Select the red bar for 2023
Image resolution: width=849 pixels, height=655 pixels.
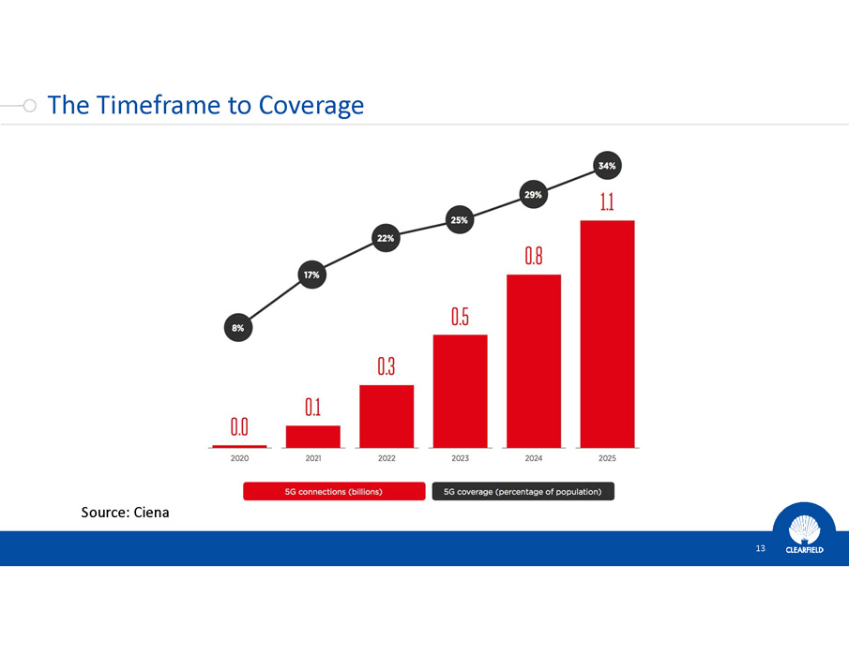click(x=460, y=390)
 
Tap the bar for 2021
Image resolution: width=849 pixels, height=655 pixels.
click(x=313, y=436)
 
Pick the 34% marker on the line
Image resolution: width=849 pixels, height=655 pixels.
click(x=607, y=166)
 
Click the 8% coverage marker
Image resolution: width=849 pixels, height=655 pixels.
click(x=238, y=328)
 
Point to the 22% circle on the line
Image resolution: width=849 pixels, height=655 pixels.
click(x=386, y=238)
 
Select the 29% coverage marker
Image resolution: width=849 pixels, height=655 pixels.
click(x=533, y=194)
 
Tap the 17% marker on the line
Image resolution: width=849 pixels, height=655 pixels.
click(x=311, y=275)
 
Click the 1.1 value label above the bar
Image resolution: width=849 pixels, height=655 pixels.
click(x=607, y=202)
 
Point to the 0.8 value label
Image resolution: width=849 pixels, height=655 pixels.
click(x=533, y=257)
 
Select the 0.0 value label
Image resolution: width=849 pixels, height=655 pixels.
click(x=239, y=428)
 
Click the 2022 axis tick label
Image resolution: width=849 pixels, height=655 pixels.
click(x=386, y=458)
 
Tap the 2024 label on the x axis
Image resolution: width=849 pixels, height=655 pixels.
click(x=533, y=458)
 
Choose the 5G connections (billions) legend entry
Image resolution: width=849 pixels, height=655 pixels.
click(x=335, y=491)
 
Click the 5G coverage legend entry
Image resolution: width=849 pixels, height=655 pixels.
click(x=523, y=491)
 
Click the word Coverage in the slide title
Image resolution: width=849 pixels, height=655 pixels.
click(x=311, y=104)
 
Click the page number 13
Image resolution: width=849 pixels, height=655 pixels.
click(x=761, y=548)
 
